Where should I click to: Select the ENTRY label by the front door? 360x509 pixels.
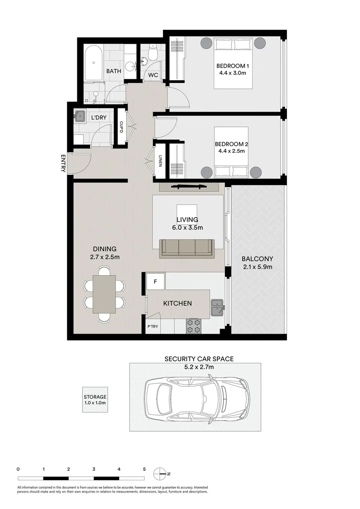(63, 163)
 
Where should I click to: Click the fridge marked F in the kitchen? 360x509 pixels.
(155, 283)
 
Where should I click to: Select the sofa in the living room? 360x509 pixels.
(187, 247)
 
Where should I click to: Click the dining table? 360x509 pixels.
(104, 294)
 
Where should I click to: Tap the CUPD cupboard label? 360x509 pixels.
(121, 127)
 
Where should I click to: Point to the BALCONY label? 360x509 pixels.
(257, 259)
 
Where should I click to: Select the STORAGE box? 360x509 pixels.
(95, 400)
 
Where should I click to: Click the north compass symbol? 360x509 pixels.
(162, 473)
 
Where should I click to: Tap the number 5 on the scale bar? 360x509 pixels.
(144, 469)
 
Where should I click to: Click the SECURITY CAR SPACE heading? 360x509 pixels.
(198, 359)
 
